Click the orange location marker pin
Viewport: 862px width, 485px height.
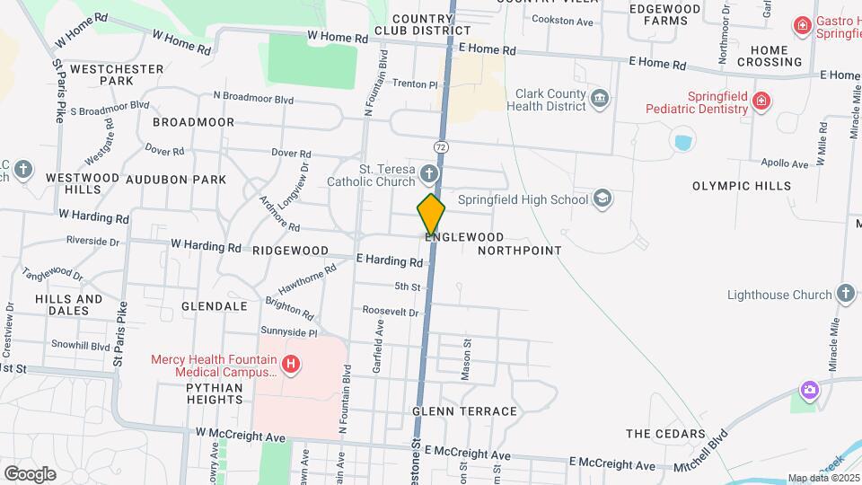point(431,215)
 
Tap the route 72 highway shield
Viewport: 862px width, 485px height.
point(440,145)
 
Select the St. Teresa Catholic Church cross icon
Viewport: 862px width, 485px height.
point(430,173)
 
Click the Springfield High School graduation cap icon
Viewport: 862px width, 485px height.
point(603,198)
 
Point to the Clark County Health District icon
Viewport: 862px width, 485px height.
point(600,97)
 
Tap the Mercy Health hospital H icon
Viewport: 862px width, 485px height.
point(291,364)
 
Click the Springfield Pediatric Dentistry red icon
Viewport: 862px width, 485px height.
point(761,101)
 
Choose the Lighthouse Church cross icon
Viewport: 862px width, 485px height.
point(844,294)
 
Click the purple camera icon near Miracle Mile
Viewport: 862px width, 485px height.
point(810,391)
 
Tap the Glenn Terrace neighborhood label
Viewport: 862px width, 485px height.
point(464,411)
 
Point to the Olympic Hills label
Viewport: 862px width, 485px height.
point(742,186)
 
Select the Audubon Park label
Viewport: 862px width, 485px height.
point(176,180)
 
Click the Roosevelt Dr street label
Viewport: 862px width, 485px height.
point(391,312)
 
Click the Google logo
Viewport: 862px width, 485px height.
point(30,473)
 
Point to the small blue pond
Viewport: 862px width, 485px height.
point(682,142)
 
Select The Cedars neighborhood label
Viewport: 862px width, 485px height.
point(663,434)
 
